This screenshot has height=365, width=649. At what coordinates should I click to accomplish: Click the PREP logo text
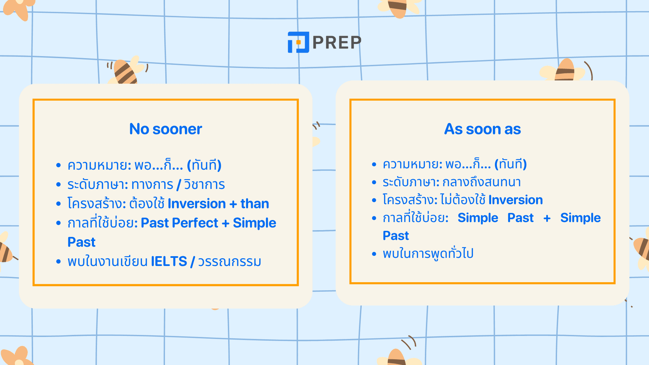(x=337, y=42)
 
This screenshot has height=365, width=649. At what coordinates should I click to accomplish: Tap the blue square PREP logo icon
(x=298, y=42)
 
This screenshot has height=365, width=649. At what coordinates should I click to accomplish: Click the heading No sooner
(x=166, y=129)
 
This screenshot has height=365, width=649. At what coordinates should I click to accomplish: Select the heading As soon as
(x=482, y=129)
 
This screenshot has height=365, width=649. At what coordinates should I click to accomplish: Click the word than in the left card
(x=255, y=204)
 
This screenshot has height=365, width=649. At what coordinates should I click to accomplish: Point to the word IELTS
(x=169, y=262)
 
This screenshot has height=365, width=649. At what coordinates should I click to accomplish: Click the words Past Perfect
(x=179, y=223)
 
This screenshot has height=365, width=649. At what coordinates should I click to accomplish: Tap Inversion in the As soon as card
(x=515, y=200)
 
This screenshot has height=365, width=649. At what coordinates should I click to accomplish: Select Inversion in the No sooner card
(x=197, y=204)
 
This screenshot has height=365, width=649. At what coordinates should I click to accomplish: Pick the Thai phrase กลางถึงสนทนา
(x=481, y=182)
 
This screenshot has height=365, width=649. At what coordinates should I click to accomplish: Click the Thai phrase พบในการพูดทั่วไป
(x=428, y=253)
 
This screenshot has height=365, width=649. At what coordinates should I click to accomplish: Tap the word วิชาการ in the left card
(x=205, y=185)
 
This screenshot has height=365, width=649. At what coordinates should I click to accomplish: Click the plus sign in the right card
(x=547, y=218)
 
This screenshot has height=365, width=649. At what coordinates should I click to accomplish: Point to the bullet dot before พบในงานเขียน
(x=58, y=262)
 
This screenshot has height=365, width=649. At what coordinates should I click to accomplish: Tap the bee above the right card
(x=565, y=70)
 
